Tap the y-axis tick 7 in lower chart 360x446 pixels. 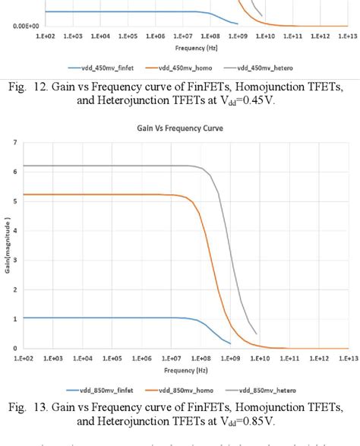(x=13, y=142)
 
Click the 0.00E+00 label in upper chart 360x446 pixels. (x=17, y=26)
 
